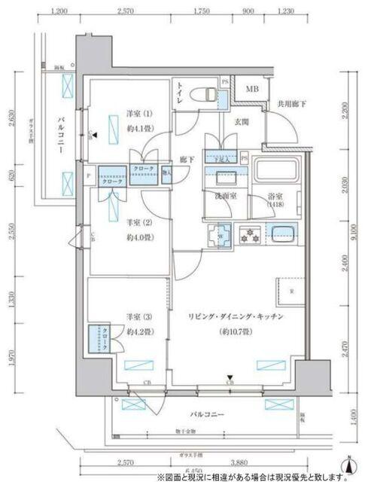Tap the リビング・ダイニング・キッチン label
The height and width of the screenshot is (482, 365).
point(236,317)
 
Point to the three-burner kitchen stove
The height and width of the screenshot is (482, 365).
point(248,234)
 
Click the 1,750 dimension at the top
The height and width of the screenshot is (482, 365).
point(200,12)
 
